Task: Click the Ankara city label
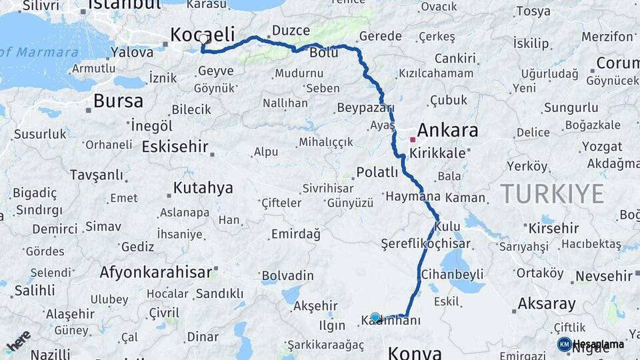447,130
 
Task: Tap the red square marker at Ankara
413,140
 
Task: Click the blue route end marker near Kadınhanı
375,317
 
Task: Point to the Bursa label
118,101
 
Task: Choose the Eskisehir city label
175,147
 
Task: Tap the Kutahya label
203,188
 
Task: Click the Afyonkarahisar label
157,272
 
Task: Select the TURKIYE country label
552,194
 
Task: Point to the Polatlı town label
377,172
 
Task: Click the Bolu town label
324,53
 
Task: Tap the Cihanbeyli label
453,275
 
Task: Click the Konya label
414,352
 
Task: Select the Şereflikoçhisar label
425,244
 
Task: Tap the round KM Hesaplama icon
564,344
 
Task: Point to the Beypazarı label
366,108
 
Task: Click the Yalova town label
132,51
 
